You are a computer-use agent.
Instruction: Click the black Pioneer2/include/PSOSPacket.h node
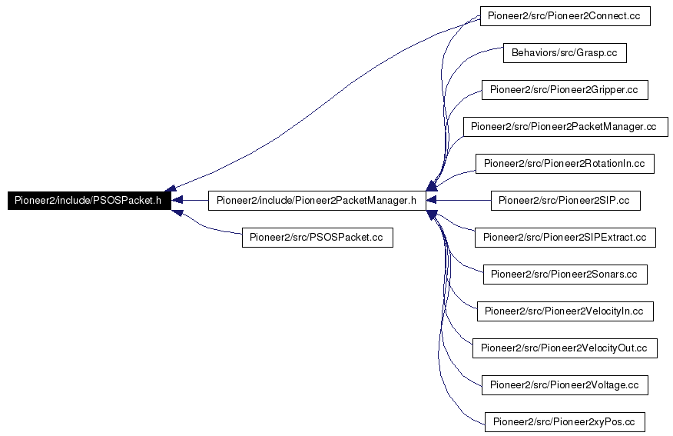pos(89,201)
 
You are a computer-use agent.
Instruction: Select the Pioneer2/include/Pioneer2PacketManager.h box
pos(317,201)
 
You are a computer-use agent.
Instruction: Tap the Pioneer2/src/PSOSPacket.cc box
pos(317,238)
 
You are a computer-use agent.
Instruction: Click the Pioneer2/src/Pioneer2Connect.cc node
pos(565,16)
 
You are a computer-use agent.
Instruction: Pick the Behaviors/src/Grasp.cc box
pos(565,53)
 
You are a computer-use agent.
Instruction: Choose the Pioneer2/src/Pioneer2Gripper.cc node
pos(565,90)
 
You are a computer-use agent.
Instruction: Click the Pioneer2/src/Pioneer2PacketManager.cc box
pos(565,127)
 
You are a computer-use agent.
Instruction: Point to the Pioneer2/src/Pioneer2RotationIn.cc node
pos(565,164)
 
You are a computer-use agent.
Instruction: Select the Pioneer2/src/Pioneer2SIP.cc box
pos(565,201)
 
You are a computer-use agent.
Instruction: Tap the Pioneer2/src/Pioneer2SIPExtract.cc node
pos(565,238)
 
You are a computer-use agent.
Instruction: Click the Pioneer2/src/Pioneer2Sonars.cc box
pos(565,275)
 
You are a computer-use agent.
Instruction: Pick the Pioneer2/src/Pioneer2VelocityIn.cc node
pos(565,311)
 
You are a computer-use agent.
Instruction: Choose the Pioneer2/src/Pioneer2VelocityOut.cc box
pos(565,348)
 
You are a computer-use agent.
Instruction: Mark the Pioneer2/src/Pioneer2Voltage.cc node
pos(565,385)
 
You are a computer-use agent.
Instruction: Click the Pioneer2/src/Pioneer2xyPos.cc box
pos(565,422)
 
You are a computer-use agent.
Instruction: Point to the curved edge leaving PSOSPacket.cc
pos(207,226)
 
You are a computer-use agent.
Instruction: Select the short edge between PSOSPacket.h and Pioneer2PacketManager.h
pos(190,201)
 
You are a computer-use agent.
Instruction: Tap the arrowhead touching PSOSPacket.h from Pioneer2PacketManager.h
pos(177,201)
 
